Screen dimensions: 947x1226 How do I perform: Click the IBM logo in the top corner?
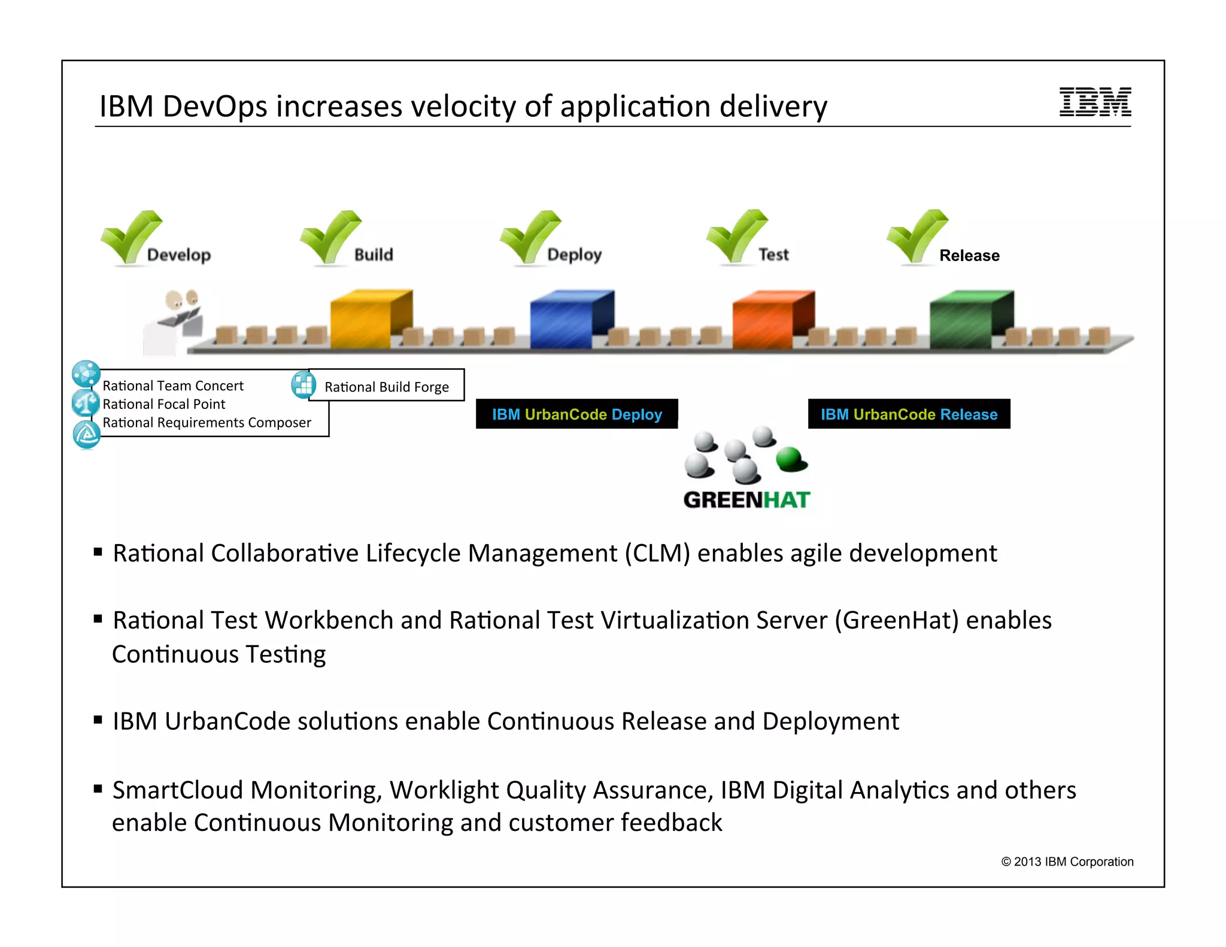point(1095,102)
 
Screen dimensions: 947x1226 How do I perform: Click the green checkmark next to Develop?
point(129,236)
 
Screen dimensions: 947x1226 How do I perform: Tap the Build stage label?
point(374,254)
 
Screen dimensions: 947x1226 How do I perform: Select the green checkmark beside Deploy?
point(529,236)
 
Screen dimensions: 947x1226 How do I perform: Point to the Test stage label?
point(773,254)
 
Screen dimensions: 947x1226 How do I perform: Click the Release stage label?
point(969,256)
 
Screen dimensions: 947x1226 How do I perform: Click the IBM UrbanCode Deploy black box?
point(576,414)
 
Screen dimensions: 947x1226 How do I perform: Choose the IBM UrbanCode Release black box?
point(909,414)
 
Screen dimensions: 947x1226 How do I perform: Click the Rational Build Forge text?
point(387,387)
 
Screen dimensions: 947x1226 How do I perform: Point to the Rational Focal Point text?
point(164,404)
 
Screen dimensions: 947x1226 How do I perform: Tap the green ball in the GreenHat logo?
point(791,459)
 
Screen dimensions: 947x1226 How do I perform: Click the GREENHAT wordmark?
point(746,500)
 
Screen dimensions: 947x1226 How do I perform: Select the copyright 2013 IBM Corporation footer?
point(1067,861)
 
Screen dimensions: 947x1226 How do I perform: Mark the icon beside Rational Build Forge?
point(304,384)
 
